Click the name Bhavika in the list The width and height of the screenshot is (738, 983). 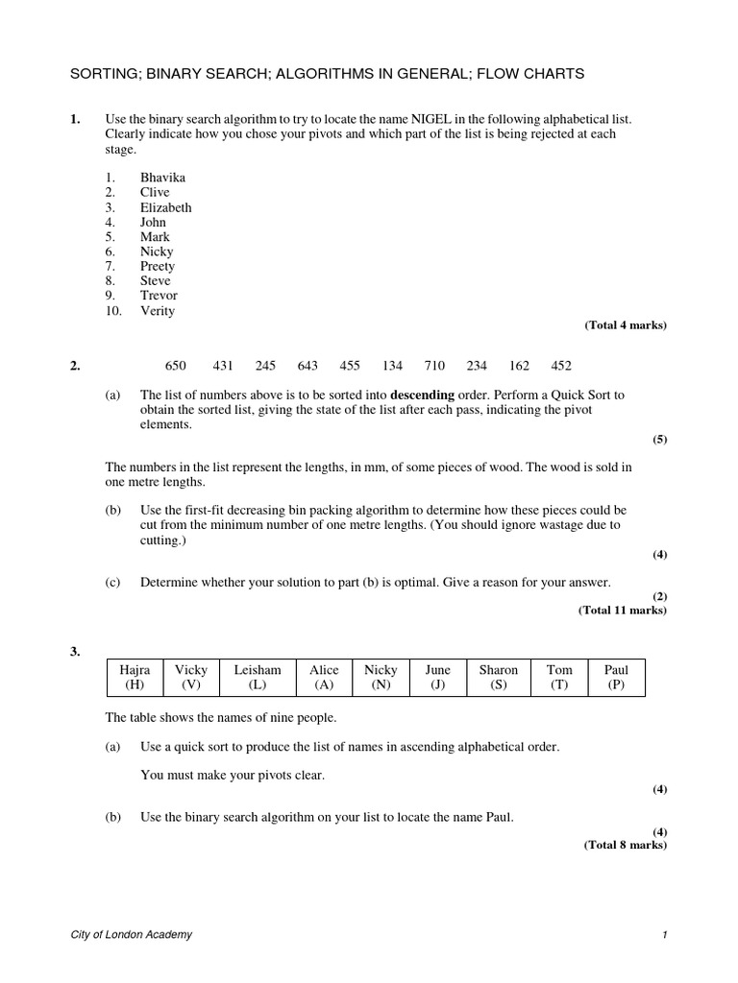(x=162, y=178)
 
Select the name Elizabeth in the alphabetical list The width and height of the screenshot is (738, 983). (x=165, y=207)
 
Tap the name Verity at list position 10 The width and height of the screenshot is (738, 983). (x=158, y=311)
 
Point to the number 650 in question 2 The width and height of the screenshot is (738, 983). (x=176, y=366)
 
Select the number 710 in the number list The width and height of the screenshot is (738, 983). (x=434, y=366)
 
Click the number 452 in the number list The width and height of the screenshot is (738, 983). (x=561, y=366)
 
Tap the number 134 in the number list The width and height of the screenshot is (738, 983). (x=392, y=366)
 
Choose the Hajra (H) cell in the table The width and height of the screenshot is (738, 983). (x=135, y=677)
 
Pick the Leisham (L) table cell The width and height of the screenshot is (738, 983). (x=258, y=677)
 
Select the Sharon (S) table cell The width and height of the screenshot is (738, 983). (x=498, y=677)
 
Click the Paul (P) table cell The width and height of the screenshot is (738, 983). (x=616, y=677)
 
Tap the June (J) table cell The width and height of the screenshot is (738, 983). (x=437, y=677)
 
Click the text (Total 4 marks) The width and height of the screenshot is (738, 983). (x=626, y=325)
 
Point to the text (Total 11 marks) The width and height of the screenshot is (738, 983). (x=622, y=611)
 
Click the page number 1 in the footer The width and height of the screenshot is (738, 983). (x=664, y=935)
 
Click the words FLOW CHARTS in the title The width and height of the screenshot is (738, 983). (x=529, y=73)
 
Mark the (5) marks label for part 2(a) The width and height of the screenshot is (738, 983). (x=660, y=440)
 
